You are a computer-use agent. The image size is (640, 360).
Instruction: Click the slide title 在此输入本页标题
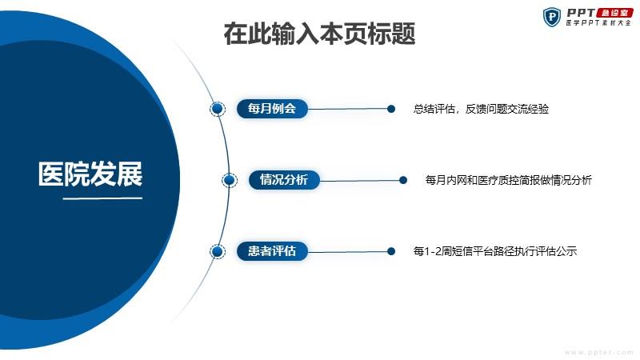319,34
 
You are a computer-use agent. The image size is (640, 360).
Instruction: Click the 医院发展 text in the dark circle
90,174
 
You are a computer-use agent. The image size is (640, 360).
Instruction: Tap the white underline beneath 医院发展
102,198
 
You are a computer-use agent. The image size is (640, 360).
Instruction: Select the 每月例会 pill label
272,109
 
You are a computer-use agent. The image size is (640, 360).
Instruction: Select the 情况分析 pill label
284,179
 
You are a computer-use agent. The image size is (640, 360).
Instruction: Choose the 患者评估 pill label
272,251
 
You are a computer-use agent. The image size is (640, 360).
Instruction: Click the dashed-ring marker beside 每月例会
218,109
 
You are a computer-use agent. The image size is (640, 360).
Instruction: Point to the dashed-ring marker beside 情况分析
230,180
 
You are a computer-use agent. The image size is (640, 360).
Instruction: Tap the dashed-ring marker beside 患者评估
218,251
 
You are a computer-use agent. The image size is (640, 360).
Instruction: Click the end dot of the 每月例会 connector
391,109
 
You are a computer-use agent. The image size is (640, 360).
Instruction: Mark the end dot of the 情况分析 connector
403,180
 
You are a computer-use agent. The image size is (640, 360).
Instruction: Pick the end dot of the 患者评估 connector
391,251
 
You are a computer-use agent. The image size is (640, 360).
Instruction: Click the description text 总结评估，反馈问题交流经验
481,109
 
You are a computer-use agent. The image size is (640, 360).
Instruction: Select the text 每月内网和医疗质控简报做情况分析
509,180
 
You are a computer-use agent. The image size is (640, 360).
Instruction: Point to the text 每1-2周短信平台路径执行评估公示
495,251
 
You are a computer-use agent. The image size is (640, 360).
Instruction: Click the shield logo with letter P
552,17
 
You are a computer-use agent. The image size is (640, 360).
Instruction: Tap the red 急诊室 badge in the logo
614,13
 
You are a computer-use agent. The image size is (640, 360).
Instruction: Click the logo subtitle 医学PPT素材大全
598,23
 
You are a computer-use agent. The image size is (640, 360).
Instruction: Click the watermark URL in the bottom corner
598,352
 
